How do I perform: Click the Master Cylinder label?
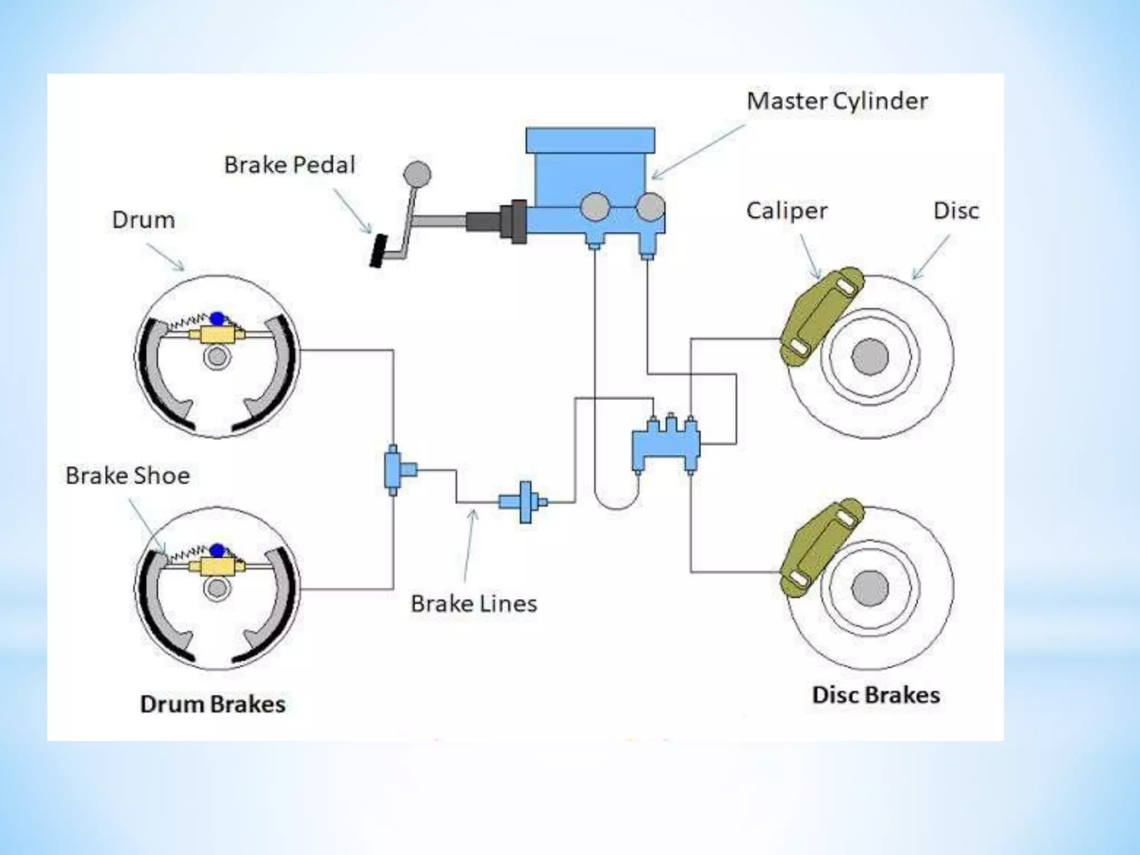(837, 101)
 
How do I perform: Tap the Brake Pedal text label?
(289, 165)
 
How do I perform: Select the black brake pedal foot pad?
(379, 251)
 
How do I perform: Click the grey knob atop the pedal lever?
(417, 174)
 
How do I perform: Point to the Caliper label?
(787, 211)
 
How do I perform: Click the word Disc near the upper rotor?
(956, 211)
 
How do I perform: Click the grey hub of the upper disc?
(870, 356)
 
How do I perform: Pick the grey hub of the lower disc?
(870, 589)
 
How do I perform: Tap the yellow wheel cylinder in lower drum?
(217, 567)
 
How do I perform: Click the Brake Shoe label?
(127, 476)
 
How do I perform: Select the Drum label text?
(144, 220)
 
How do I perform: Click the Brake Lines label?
(474, 604)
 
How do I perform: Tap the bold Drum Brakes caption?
(213, 704)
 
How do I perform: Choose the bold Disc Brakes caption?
(876, 695)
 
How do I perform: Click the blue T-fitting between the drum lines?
(396, 470)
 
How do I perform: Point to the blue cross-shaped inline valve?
(524, 502)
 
